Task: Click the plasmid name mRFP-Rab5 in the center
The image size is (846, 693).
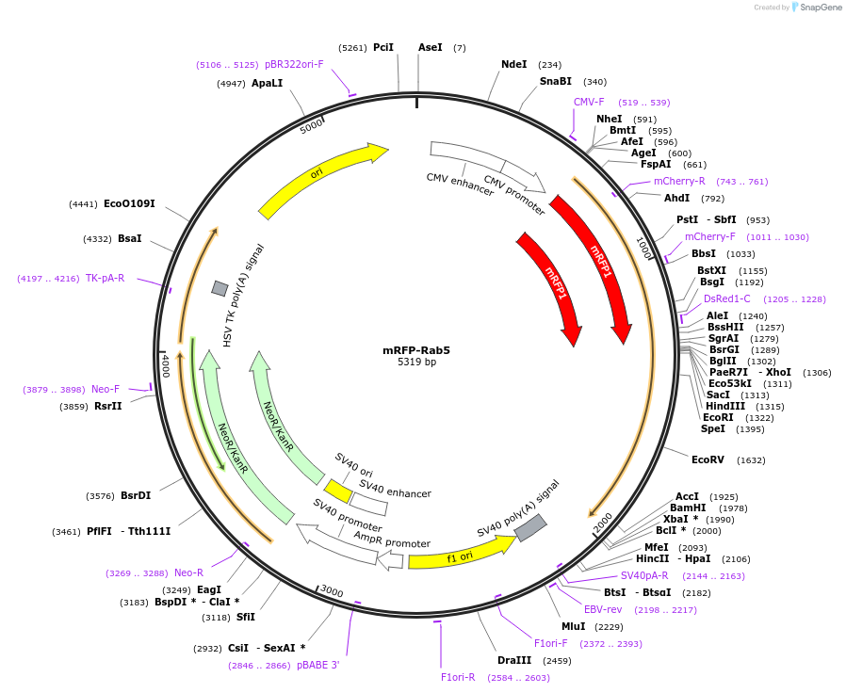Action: pos(415,350)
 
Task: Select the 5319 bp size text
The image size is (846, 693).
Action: pos(416,363)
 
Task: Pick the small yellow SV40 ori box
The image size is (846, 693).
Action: pos(338,491)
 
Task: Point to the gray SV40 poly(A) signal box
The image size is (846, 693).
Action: pos(530,527)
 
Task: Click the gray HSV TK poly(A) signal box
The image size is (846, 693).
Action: pos(220,288)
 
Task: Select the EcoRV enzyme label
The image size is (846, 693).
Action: pos(708,460)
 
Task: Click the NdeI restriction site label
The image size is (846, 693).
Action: pos(514,64)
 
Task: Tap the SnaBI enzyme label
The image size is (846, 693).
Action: pos(555,82)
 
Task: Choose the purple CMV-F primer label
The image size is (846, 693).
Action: pos(589,102)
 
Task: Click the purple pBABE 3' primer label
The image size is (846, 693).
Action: pos(317,665)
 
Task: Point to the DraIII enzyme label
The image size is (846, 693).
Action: pos(515,660)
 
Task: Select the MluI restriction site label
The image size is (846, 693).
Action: pos(573,626)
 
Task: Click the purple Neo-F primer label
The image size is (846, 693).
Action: pos(106,389)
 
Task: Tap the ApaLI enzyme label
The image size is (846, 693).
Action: pos(267,83)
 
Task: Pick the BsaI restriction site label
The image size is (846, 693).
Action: pos(130,238)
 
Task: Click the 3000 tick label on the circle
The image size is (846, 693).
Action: pos(332,590)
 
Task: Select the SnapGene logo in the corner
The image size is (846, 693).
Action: pos(816,8)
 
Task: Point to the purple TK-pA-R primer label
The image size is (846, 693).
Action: pos(105,278)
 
